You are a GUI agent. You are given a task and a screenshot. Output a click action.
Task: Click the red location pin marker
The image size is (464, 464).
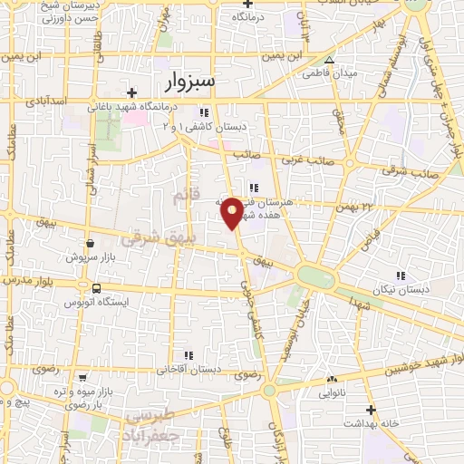point(232,212)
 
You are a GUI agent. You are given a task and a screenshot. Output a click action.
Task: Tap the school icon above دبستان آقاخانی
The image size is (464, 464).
point(188,355)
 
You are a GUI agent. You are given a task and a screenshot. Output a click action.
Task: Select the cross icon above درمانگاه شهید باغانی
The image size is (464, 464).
point(132,92)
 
